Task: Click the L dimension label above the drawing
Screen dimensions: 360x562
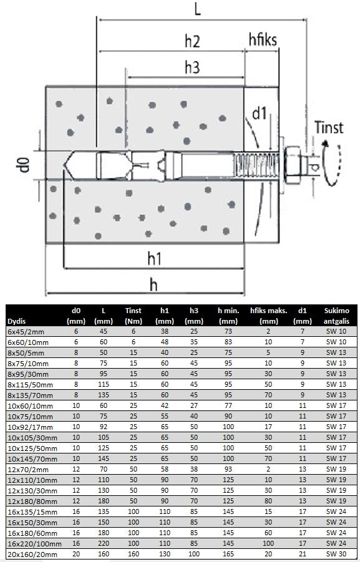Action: click(x=197, y=9)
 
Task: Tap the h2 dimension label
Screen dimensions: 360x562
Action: click(x=192, y=41)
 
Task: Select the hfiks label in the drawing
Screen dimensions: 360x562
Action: click(x=263, y=39)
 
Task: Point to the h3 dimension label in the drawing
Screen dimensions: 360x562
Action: click(x=192, y=67)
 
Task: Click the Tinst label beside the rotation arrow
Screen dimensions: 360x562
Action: click(x=329, y=127)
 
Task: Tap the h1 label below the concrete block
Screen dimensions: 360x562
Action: click(x=154, y=258)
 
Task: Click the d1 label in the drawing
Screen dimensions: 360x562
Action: click(x=260, y=114)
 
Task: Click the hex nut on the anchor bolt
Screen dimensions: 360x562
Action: click(x=294, y=165)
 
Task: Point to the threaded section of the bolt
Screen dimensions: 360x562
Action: click(x=256, y=165)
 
